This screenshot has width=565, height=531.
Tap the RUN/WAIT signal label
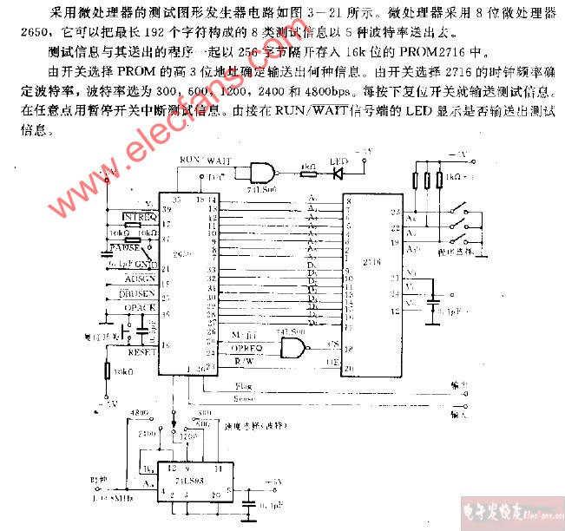pos(205,160)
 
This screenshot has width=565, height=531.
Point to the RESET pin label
pos(141,352)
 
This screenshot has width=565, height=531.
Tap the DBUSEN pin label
pos(140,294)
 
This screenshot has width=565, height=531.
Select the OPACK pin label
pos(140,308)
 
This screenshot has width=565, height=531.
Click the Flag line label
pos(246,385)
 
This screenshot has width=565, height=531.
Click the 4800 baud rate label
pos(139,413)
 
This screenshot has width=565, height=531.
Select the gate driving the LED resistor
pos(263,171)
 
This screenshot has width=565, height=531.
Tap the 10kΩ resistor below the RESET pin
pos(106,371)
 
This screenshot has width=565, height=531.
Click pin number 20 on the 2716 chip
pos(348,368)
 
